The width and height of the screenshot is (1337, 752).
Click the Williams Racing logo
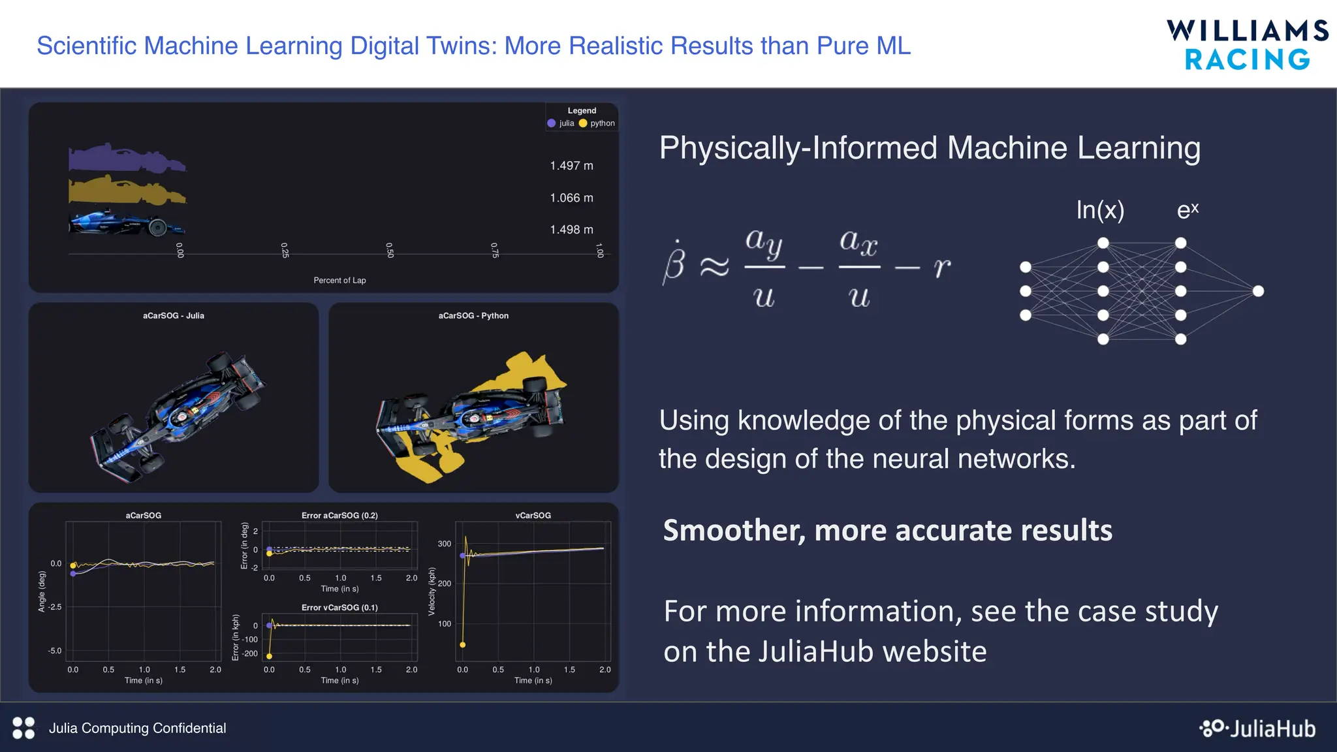tap(1247, 44)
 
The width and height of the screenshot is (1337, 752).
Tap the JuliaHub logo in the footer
tap(1257, 728)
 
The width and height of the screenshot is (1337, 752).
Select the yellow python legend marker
tap(583, 123)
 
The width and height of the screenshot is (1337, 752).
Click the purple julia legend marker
tap(552, 123)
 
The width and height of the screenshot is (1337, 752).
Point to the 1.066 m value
tap(571, 198)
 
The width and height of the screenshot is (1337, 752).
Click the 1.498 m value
tap(571, 230)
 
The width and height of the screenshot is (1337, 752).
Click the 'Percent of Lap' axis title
tap(339, 281)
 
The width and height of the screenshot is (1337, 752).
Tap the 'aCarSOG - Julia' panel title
tap(174, 316)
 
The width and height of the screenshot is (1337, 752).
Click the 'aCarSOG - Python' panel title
tap(473, 316)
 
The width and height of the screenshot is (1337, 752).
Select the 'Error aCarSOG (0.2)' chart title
tap(339, 516)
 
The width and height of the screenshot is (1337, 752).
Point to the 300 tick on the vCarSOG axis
tap(445, 544)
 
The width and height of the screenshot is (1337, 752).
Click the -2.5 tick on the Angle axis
tap(55, 607)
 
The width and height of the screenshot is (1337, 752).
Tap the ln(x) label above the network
tap(1100, 210)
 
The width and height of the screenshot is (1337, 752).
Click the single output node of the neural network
tap(1258, 291)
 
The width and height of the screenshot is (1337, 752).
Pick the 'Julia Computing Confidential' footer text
tap(137, 728)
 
